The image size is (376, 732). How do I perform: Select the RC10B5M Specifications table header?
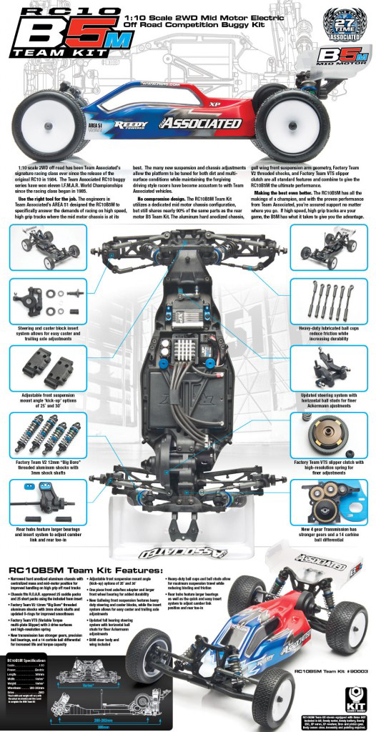coord(31,659)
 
